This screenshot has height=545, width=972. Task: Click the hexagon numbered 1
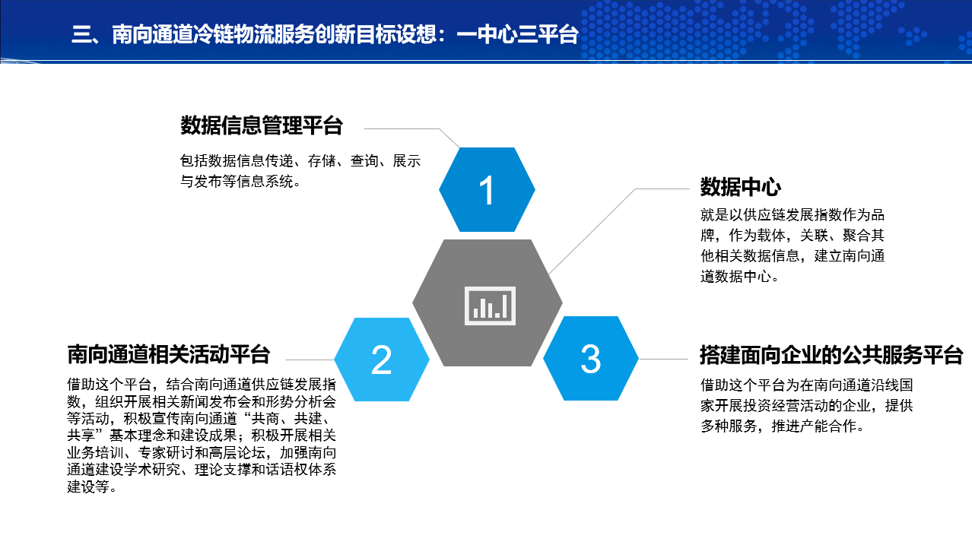[487, 189]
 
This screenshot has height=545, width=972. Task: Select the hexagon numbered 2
[382, 360]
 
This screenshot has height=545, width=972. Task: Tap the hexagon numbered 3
[590, 359]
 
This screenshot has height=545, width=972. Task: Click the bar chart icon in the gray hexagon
[490, 306]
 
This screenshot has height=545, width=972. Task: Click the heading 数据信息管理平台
[262, 125]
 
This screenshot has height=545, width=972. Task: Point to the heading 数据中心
[741, 187]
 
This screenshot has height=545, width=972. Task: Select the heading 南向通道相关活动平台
[169, 355]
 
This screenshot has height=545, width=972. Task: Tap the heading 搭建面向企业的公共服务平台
[831, 355]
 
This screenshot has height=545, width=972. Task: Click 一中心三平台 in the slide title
[518, 34]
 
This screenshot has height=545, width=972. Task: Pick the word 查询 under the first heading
[364, 161]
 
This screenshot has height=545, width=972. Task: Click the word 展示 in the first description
[407, 161]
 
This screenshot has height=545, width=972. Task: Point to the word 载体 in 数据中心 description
[771, 236]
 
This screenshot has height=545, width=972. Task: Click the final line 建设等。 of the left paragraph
[91, 487]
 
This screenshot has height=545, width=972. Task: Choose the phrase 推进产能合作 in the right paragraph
[814, 426]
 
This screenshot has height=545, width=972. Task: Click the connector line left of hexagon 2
[310, 360]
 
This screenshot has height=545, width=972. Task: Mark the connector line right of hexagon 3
[663, 359]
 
